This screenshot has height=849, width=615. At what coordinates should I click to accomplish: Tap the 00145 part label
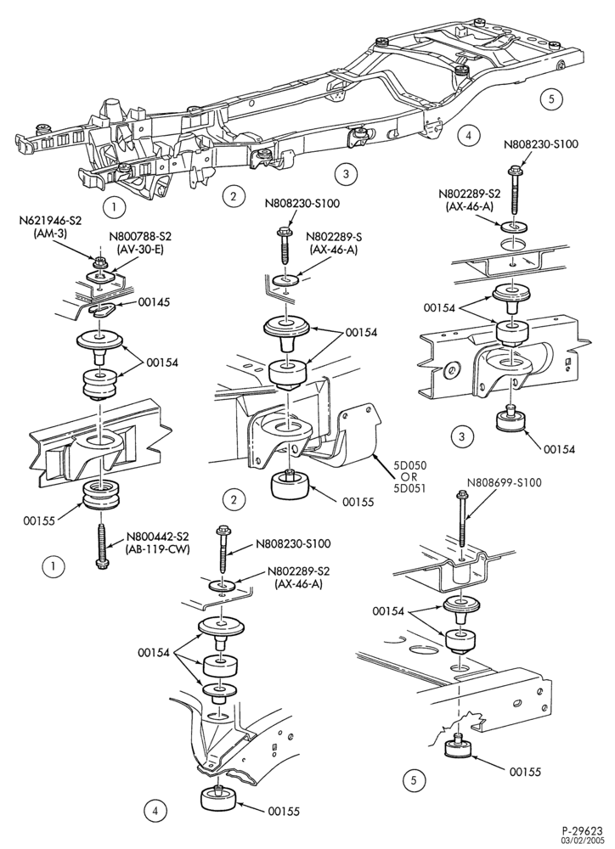(x=154, y=302)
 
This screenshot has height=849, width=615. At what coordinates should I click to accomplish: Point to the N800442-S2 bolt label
(x=157, y=537)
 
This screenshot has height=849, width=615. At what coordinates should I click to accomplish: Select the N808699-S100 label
(x=505, y=482)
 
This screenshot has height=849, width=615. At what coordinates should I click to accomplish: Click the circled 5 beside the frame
(x=551, y=99)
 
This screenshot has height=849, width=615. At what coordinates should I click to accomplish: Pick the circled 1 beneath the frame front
(x=114, y=206)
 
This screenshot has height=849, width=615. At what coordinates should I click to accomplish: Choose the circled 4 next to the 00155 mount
(x=155, y=811)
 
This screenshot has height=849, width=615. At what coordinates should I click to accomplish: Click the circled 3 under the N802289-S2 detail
(x=461, y=436)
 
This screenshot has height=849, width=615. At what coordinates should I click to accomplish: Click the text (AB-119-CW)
(x=158, y=548)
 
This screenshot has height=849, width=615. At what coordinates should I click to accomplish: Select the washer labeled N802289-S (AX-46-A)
(x=285, y=279)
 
